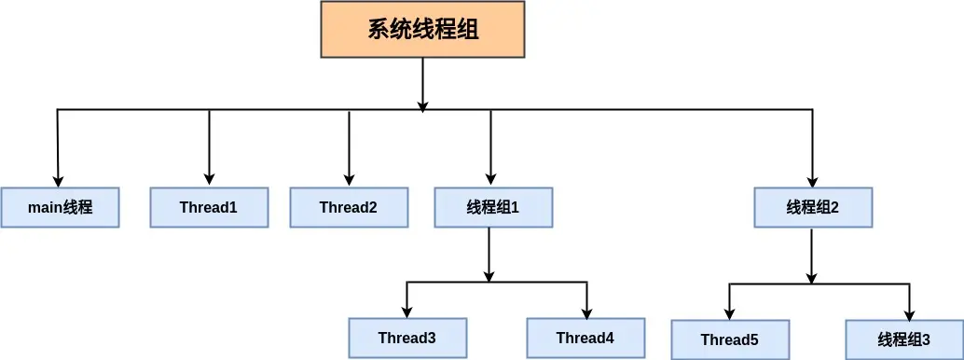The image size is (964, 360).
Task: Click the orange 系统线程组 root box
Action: point(422,29)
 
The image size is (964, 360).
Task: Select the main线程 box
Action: point(60,207)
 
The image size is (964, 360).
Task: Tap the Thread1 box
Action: point(209,207)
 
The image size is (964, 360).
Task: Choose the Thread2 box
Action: point(349,207)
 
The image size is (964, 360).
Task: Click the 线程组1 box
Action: point(492,207)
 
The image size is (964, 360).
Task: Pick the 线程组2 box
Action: point(813,207)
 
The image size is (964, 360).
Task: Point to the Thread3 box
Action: point(406,338)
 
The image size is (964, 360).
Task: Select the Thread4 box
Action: point(585,338)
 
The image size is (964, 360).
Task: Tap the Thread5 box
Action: point(730,339)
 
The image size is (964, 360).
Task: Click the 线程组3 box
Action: point(903,339)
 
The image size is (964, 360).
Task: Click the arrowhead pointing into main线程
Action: point(59,181)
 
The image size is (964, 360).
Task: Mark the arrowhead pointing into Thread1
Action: point(209,181)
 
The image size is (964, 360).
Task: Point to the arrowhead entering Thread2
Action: point(349,181)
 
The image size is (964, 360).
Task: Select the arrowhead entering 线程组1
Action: point(490,181)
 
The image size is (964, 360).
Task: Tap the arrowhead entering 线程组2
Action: point(812,181)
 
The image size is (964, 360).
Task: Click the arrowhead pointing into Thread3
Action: point(406,312)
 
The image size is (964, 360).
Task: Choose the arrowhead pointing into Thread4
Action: point(586,312)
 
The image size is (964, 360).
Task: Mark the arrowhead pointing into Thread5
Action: point(730,313)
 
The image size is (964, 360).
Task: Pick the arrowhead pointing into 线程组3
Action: point(909,313)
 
